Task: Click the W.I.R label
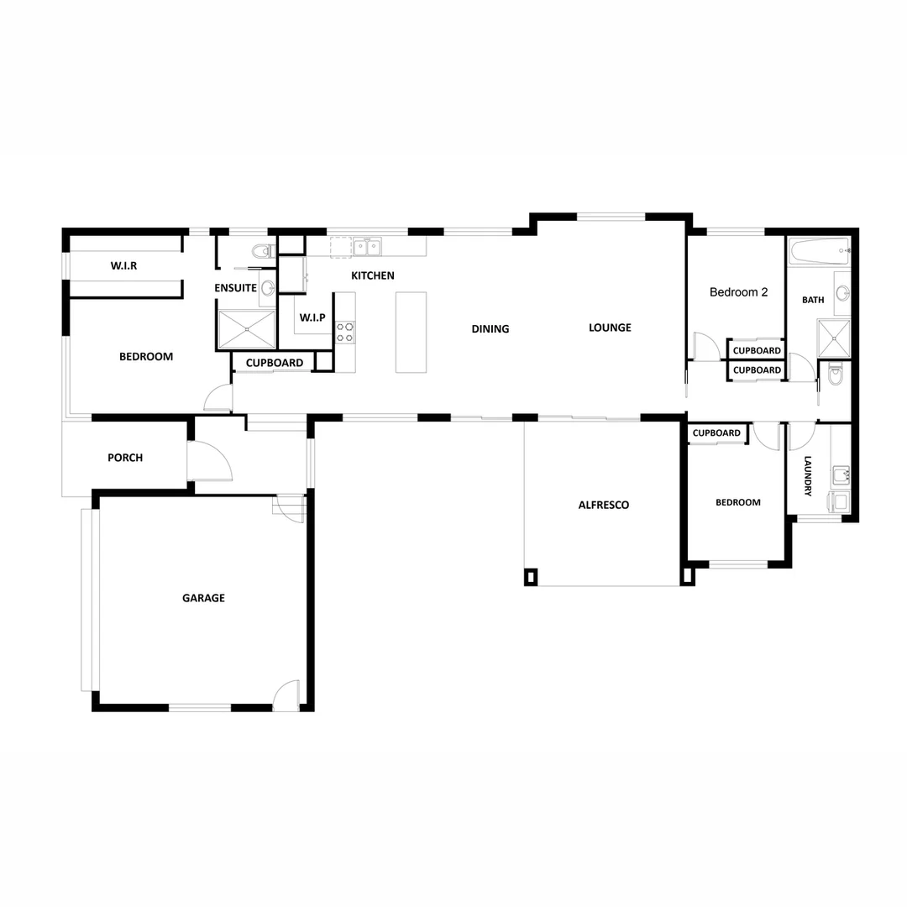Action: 123,266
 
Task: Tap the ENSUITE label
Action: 235,288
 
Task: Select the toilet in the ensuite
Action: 265,250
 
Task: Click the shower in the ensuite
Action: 247,329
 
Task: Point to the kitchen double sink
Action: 367,247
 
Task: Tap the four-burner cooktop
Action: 345,331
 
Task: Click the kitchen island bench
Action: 411,332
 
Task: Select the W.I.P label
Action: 312,318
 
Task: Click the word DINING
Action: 490,329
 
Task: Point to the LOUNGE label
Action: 610,328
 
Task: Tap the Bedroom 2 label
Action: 739,292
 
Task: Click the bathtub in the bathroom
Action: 819,249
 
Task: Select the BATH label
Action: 813,300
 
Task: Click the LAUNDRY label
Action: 808,476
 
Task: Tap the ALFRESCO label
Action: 604,505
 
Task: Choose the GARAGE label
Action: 203,598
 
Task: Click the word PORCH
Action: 125,458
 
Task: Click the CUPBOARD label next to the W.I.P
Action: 275,363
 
